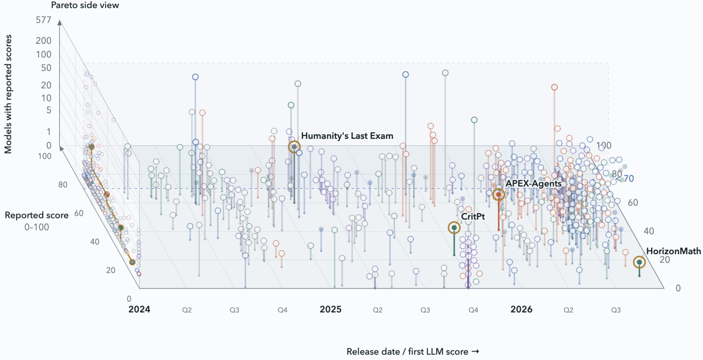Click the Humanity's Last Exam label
pyautogui.click(x=347, y=136)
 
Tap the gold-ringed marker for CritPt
pyautogui.click(x=454, y=228)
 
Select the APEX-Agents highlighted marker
pyautogui.click(x=499, y=194)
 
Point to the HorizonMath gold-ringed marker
pyautogui.click(x=639, y=262)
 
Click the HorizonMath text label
pyautogui.click(x=673, y=251)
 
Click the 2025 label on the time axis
pyautogui.click(x=330, y=310)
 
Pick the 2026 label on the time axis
pyautogui.click(x=521, y=310)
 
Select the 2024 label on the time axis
pyautogui.click(x=139, y=310)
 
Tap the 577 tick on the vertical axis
pyautogui.click(x=43, y=20)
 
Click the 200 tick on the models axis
pyautogui.click(x=44, y=41)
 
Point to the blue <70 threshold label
pyautogui.click(x=625, y=179)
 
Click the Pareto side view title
pyautogui.click(x=85, y=6)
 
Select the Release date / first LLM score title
pyautogui.click(x=413, y=352)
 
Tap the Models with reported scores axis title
pyautogui.click(x=8, y=94)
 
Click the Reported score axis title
pyautogui.click(x=37, y=215)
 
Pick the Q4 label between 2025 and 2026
pyautogui.click(x=473, y=310)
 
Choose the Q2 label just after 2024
pyautogui.click(x=187, y=310)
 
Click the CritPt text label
pyautogui.click(x=473, y=217)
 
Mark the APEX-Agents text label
pyautogui.click(x=533, y=184)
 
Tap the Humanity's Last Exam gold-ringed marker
pyautogui.click(x=294, y=147)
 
